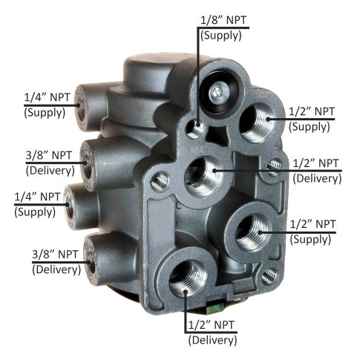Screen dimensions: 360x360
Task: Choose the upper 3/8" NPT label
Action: [49, 155]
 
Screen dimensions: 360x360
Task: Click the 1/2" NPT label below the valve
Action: [212, 324]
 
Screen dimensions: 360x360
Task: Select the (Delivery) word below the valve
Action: [212, 341]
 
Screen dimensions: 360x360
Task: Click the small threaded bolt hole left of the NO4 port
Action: [157, 180]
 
